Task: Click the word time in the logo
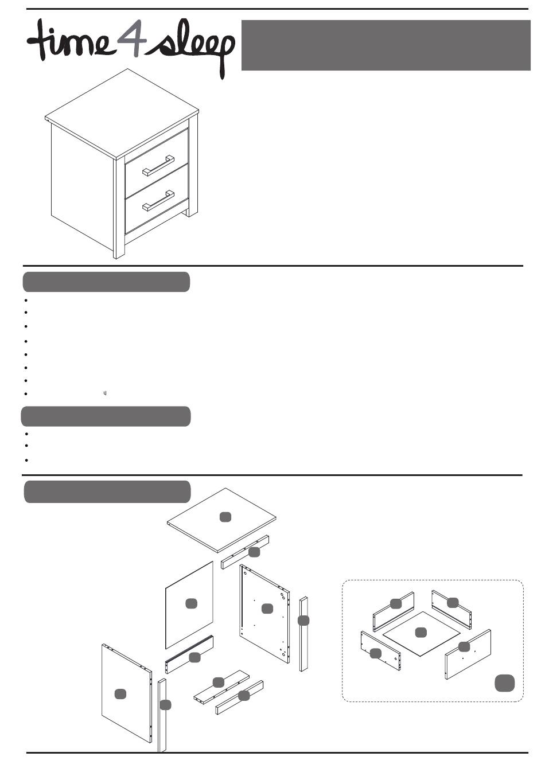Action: click(69, 41)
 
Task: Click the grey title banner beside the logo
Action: click(386, 45)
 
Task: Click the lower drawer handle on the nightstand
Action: click(159, 200)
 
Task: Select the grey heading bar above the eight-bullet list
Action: click(106, 282)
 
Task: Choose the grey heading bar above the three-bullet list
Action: click(106, 416)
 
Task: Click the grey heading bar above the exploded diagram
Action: click(107, 492)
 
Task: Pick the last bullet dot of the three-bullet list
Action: click(27, 461)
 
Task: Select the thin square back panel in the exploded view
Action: click(189, 604)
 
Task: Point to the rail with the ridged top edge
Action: click(189, 656)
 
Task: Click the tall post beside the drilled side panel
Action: click(303, 634)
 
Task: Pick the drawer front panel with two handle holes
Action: click(467, 654)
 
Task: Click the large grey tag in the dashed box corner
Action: click(504, 683)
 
